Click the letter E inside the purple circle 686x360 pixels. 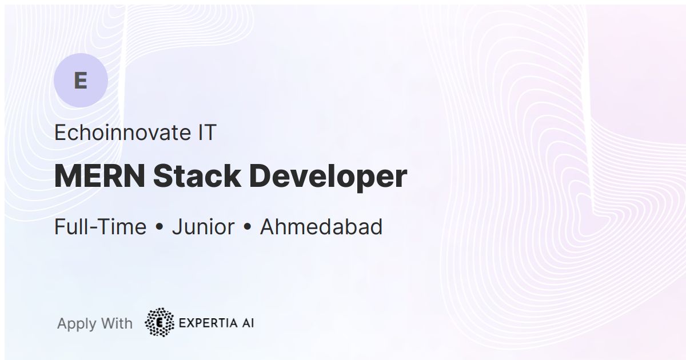[81, 81]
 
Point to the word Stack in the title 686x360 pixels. [196, 177]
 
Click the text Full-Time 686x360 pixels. [100, 227]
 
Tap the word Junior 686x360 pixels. [203, 227]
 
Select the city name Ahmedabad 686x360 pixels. [321, 227]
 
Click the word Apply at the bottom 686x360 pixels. [77, 324]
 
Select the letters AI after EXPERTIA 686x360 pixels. [247, 323]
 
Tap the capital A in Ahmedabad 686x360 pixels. [268, 227]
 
